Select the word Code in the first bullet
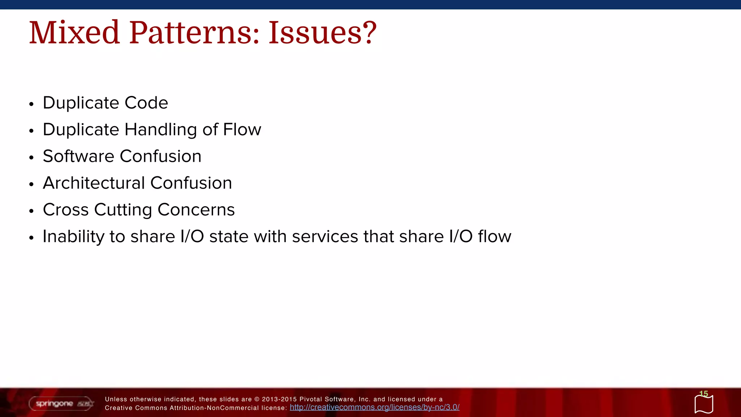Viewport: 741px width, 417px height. pyautogui.click(x=146, y=103)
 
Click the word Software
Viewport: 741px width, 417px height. pyautogui.click(x=79, y=156)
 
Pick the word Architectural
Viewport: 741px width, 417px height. pyautogui.click(x=94, y=183)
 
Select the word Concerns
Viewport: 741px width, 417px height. pyautogui.click(x=196, y=210)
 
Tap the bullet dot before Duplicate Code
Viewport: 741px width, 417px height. pyautogui.click(x=31, y=104)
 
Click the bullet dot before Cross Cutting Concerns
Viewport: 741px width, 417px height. pyautogui.click(x=31, y=211)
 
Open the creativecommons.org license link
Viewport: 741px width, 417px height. pyautogui.click(x=374, y=407)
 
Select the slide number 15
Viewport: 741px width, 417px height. pyautogui.click(x=703, y=393)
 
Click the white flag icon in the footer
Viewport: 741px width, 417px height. pyautogui.click(x=704, y=404)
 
